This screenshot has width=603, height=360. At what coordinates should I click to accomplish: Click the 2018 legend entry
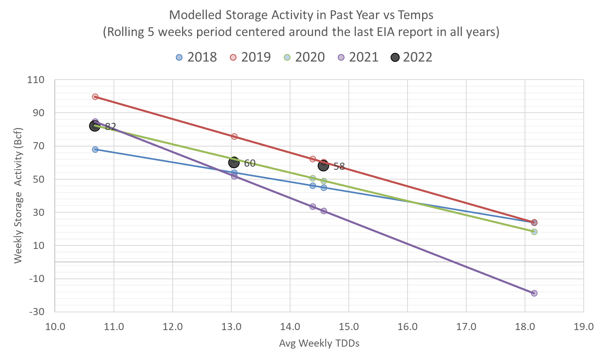pos(197,57)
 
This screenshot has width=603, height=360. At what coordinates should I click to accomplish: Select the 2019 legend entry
pos(251,57)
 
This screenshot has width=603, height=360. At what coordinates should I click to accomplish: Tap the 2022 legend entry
pos(412,57)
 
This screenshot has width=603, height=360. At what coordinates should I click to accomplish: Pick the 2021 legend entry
pos(358,57)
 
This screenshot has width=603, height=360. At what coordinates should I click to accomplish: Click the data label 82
pos(110,127)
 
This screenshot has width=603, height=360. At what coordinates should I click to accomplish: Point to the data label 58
pos(339,166)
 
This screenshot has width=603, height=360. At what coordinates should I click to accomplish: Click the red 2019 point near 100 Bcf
pos(95,96)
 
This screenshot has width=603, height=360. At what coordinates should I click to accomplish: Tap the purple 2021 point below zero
pos(534,293)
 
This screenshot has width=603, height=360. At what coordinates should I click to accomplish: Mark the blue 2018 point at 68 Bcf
pos(95,149)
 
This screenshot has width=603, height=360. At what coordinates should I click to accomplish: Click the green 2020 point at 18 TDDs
pos(534,232)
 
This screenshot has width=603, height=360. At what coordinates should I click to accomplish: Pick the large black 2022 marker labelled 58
pos(324,165)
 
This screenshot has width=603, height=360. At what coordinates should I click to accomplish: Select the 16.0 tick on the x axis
pos(407,327)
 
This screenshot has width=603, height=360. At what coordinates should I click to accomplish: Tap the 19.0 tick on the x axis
pos(583,327)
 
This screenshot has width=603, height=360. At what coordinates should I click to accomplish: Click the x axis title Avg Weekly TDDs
pos(319,343)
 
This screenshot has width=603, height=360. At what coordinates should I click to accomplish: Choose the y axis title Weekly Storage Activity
pos(18,195)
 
